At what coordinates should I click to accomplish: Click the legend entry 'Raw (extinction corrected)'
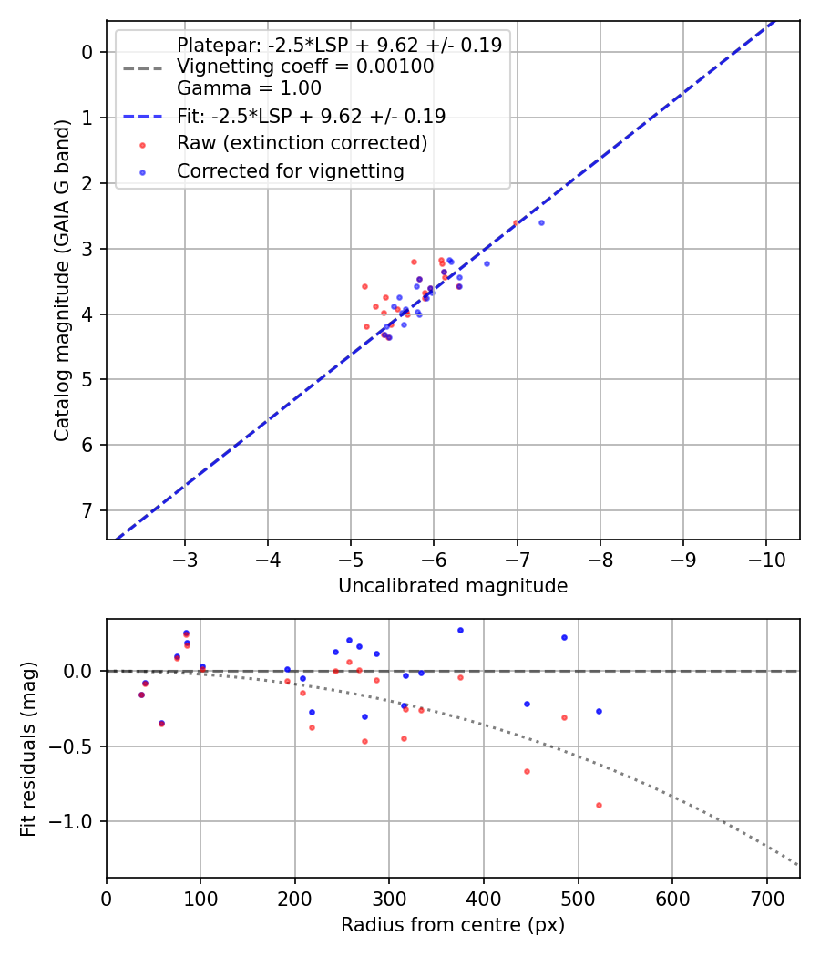click(302, 143)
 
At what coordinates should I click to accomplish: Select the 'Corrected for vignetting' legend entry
click(291, 170)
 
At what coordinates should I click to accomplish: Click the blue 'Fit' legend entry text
click(311, 116)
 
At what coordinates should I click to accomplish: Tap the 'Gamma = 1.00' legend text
click(249, 88)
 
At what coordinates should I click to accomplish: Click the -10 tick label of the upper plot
click(765, 557)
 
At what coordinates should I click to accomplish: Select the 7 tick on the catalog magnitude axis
click(88, 510)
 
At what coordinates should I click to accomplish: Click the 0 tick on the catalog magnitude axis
click(88, 52)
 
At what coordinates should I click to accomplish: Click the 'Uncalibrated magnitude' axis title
click(453, 586)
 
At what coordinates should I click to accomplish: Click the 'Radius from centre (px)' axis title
click(453, 925)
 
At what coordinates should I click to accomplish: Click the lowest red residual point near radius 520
click(599, 805)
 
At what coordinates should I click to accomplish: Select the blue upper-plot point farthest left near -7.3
click(541, 222)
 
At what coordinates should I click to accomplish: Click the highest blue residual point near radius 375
click(460, 630)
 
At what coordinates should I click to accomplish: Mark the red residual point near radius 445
click(527, 771)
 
